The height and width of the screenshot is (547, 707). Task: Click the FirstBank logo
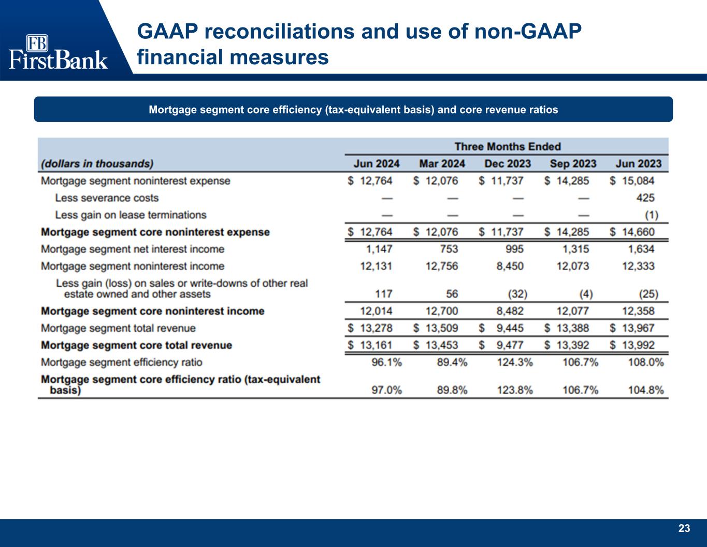(x=58, y=52)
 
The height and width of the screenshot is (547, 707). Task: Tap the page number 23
(x=684, y=528)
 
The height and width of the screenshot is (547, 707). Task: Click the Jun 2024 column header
(x=377, y=164)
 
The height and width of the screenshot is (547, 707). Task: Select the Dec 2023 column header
(x=508, y=164)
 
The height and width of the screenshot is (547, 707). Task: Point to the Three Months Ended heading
(x=508, y=147)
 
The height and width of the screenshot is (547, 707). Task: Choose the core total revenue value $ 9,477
(x=501, y=345)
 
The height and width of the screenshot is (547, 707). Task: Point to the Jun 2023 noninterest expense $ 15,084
(x=632, y=181)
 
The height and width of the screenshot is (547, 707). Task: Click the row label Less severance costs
(x=107, y=198)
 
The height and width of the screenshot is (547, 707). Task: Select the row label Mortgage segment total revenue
(x=118, y=328)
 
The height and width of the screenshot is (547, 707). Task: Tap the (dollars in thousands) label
(x=97, y=164)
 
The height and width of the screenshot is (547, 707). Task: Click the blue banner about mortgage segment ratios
(x=353, y=109)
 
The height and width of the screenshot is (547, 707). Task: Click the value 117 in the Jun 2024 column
(x=383, y=294)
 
